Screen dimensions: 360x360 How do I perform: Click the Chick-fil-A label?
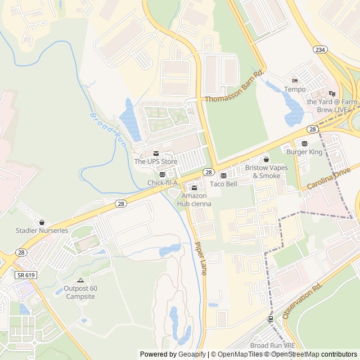(163, 183)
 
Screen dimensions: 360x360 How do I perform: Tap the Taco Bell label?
(223, 184)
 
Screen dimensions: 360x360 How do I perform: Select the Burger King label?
(304, 152)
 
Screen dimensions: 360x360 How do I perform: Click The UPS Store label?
(155, 161)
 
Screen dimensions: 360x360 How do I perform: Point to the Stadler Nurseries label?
(42, 231)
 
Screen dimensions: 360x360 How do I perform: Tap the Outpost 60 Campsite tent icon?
(80, 280)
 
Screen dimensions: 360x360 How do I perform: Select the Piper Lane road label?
(200, 258)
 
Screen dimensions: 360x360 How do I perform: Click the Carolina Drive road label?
(329, 178)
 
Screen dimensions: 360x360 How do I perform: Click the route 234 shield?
(320, 50)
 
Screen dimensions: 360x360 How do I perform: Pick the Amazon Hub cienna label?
(194, 200)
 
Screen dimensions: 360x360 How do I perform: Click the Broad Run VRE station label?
(272, 345)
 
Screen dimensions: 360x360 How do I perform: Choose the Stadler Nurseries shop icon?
(42, 223)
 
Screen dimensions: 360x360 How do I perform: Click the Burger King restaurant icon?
(304, 144)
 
